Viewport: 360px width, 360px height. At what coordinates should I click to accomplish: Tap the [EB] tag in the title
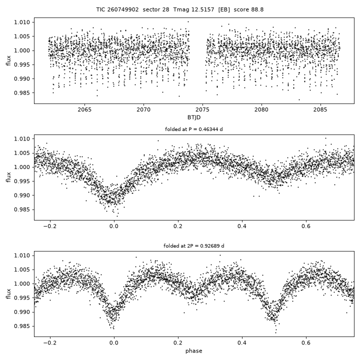pos(224,9)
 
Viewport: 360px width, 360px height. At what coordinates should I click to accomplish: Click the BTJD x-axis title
pos(194,117)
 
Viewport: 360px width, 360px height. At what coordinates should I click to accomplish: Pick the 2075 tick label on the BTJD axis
pos(202,109)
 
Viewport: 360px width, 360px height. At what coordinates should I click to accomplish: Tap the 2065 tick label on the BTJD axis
pos(84,109)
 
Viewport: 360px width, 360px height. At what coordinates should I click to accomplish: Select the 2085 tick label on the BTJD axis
pos(320,109)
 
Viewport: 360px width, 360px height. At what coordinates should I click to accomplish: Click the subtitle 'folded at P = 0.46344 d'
pos(194,129)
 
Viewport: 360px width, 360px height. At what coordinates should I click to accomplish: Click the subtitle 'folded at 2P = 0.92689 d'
pos(194,246)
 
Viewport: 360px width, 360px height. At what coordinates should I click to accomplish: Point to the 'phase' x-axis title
pos(194,351)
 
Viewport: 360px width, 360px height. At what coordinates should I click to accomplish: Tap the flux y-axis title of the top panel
pos(8,60)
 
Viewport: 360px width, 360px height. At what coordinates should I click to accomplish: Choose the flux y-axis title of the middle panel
pos(8,177)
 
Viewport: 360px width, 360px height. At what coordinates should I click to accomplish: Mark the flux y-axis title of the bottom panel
pos(8,294)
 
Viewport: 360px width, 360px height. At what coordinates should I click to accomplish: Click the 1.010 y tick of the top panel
pos(22,22)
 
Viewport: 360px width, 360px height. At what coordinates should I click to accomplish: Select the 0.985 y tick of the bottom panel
pos(22,326)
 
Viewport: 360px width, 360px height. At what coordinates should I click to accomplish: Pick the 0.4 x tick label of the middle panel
pos(242,226)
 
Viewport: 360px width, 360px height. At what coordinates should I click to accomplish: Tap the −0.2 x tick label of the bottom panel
pos(50,343)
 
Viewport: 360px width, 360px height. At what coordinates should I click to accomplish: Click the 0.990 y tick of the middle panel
pos(22,195)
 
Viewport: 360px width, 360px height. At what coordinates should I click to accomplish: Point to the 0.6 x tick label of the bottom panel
pos(306,343)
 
